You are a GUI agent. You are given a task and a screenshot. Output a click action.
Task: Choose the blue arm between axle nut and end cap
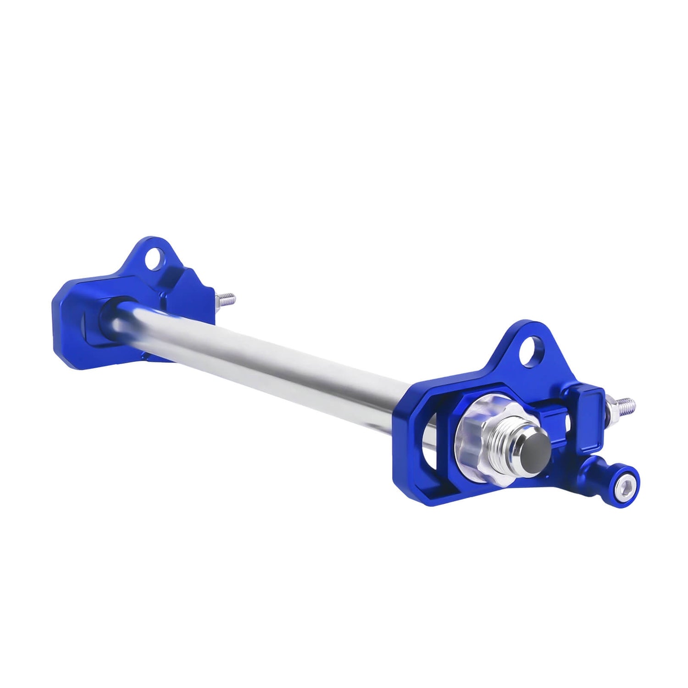[550, 415]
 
